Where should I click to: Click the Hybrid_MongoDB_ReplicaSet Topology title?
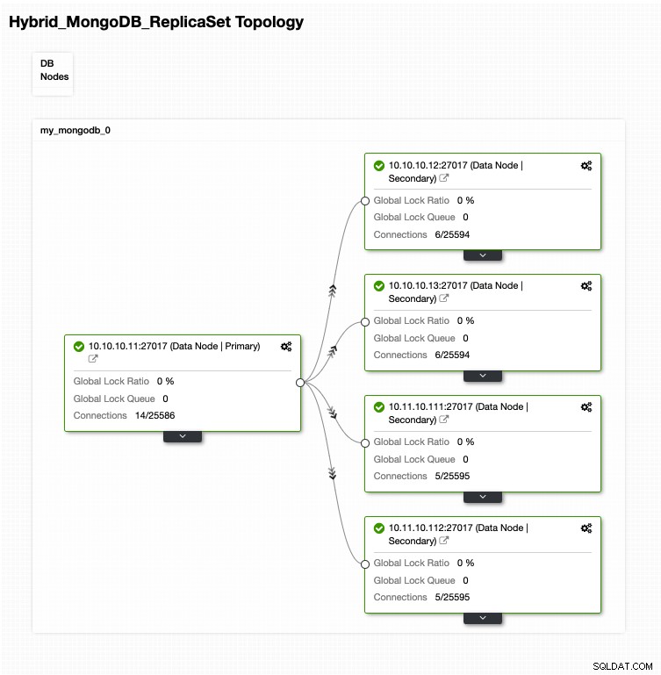156,22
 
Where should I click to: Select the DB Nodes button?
53,73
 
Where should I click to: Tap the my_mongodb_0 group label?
75,130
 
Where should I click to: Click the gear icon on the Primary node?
286,347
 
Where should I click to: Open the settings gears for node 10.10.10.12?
586,166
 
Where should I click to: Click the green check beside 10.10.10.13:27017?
379,286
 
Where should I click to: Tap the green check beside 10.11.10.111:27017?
379,406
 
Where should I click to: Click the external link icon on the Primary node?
93,359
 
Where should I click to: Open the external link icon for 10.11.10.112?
443,541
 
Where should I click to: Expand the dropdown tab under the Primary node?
183,436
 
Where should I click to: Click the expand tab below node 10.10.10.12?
483,255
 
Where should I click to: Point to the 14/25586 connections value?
155,415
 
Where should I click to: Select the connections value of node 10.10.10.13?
452,355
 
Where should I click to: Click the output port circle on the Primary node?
300,383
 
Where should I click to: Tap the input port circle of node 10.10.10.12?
364,201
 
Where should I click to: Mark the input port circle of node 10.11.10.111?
364,443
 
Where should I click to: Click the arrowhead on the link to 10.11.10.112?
332,473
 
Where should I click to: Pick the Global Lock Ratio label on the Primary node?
111,381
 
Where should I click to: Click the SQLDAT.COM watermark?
622,666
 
